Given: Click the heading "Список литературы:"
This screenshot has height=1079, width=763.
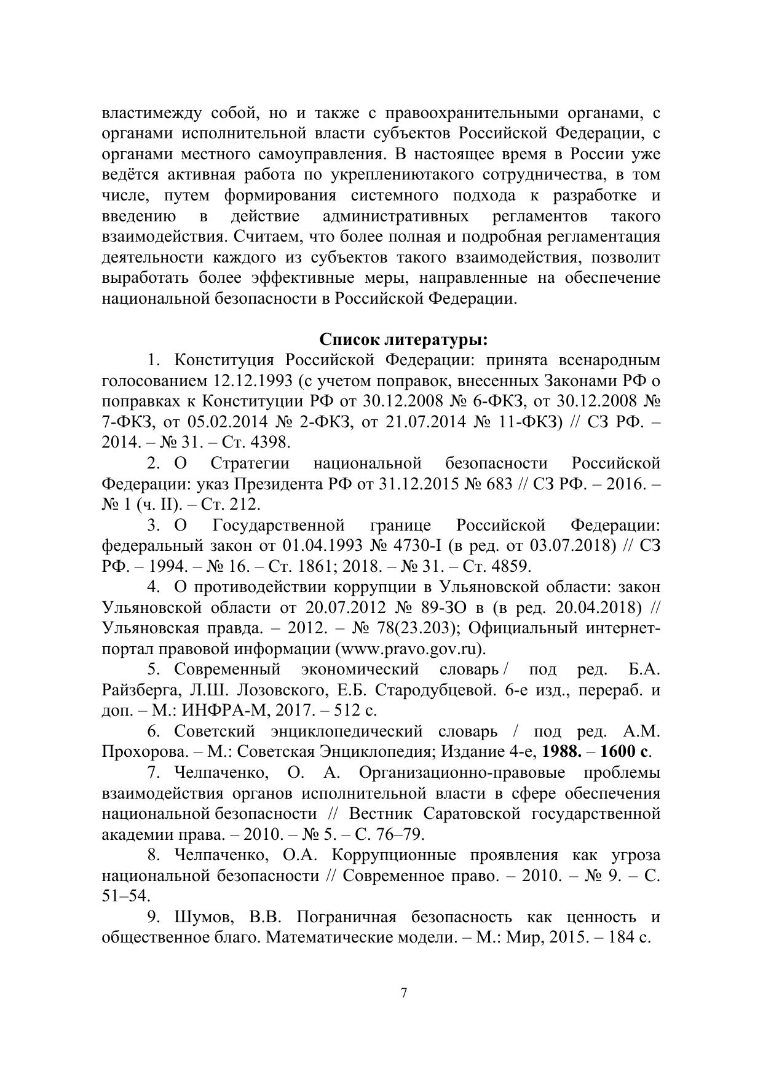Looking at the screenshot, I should click(x=404, y=339).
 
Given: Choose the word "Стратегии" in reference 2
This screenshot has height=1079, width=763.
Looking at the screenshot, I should click(x=250, y=463).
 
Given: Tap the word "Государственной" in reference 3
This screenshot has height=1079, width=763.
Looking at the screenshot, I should click(x=277, y=526).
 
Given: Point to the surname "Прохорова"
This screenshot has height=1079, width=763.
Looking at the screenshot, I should click(x=144, y=751).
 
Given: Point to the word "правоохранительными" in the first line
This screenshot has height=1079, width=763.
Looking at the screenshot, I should click(x=467, y=113).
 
